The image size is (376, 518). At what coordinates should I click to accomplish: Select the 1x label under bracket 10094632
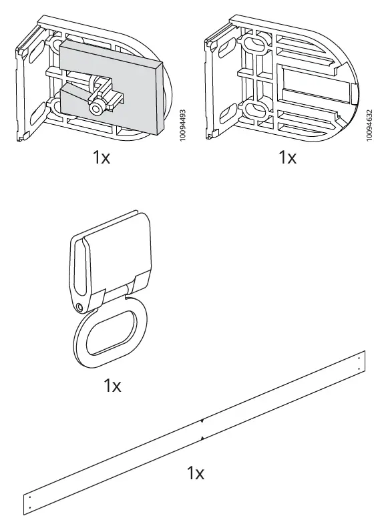click(287, 158)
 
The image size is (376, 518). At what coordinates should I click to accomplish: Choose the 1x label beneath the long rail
click(195, 474)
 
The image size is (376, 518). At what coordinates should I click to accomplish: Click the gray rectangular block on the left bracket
click(134, 73)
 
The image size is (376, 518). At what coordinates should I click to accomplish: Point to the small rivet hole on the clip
click(80, 307)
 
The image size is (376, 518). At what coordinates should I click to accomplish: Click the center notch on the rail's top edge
click(201, 422)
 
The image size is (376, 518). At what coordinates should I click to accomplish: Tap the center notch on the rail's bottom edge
click(201, 438)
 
